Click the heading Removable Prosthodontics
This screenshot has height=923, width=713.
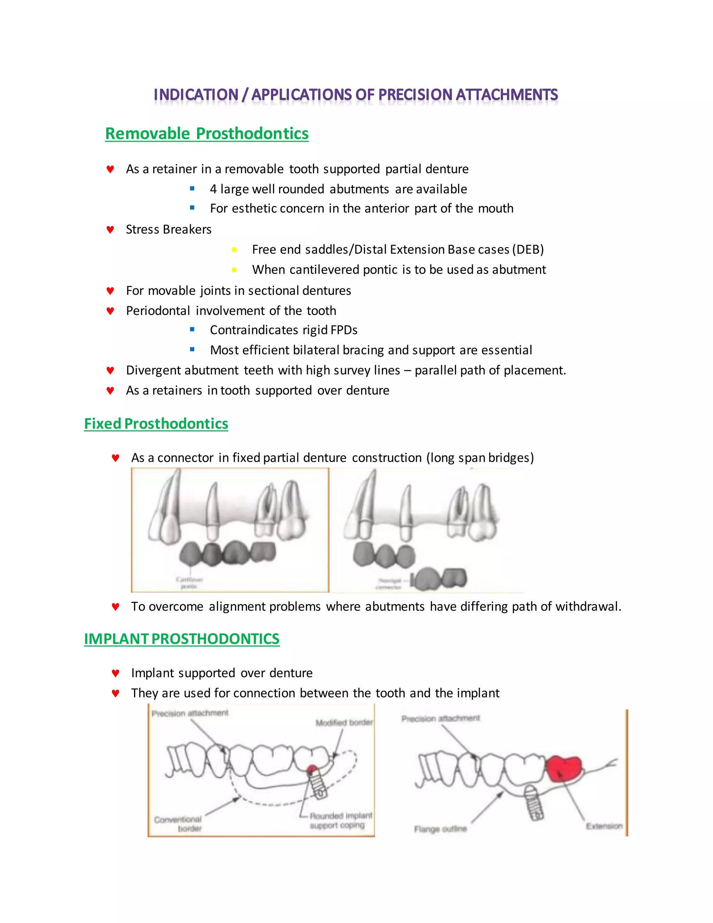pos(206,133)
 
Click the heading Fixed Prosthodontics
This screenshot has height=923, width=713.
pos(156,424)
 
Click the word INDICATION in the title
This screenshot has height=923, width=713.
pos(196,95)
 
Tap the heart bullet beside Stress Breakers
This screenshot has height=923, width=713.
pos(110,230)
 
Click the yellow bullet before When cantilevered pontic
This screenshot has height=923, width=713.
pos(234,270)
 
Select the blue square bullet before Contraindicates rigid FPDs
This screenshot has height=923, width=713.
pos(192,329)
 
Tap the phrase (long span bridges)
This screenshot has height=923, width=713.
pos(480,458)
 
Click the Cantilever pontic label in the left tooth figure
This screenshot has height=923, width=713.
pos(189,583)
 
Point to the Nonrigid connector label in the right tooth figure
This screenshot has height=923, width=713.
pos(389,584)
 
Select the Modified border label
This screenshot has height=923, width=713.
pos(344,723)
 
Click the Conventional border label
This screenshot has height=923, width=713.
pos(178,824)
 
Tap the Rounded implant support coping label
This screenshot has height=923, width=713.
pos(340,820)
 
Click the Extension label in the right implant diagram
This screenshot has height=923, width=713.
pos(604,826)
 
